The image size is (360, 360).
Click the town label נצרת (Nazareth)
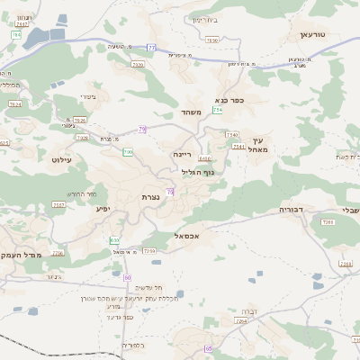150,196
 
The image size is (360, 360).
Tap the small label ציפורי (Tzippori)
87,96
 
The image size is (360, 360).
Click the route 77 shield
152,47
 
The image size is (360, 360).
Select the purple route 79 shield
142,130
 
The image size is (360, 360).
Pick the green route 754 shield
217,110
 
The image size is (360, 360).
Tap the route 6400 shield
205,158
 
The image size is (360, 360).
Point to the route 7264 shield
240,320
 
